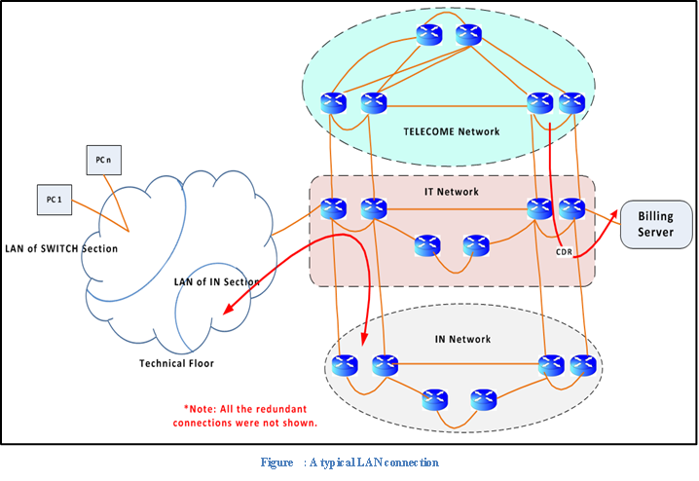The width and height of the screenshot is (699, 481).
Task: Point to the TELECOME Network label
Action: pyautogui.click(x=451, y=130)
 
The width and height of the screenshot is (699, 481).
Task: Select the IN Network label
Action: pyautogui.click(x=461, y=339)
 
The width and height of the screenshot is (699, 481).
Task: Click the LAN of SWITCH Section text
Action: pyautogui.click(x=60, y=249)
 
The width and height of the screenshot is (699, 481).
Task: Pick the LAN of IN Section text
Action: pyautogui.click(x=216, y=282)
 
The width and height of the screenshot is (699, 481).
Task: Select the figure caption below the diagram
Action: pyautogui.click(x=349, y=462)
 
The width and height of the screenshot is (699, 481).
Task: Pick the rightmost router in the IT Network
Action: pyautogui.click(x=571, y=207)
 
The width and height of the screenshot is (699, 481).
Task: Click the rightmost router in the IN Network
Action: pyautogui.click(x=582, y=365)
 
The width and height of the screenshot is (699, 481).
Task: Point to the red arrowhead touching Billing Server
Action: pyautogui.click(x=616, y=211)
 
